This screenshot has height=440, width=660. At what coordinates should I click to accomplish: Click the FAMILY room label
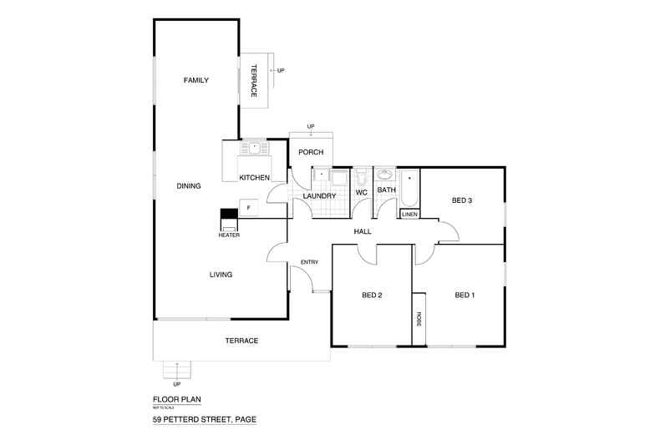pos(195,80)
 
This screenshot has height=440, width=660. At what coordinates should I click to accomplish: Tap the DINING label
pos(189,185)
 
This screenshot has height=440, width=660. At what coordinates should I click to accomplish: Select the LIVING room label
pos(221,274)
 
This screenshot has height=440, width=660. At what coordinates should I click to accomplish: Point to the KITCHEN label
pos(254,178)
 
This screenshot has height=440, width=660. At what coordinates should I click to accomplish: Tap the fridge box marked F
pos(249,207)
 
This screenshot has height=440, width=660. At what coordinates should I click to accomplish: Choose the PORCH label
pos(311,152)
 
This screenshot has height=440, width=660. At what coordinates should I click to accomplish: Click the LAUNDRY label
pos(319,196)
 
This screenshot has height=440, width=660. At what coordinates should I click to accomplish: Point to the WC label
pos(362,193)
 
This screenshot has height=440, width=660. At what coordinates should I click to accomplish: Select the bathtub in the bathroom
pos(409,189)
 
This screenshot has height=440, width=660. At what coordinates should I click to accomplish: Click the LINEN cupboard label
pos(409,215)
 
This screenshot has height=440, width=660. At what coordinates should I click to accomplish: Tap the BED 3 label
pos(462,200)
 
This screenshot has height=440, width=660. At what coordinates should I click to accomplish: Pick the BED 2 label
pos(372,295)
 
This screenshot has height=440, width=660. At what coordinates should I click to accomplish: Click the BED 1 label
pos(465,295)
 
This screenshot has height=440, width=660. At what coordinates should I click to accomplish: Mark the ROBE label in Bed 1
pos(419,319)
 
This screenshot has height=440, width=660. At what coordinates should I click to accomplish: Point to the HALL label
pos(362,231)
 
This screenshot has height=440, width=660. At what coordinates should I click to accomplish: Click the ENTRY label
pos(309,263)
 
